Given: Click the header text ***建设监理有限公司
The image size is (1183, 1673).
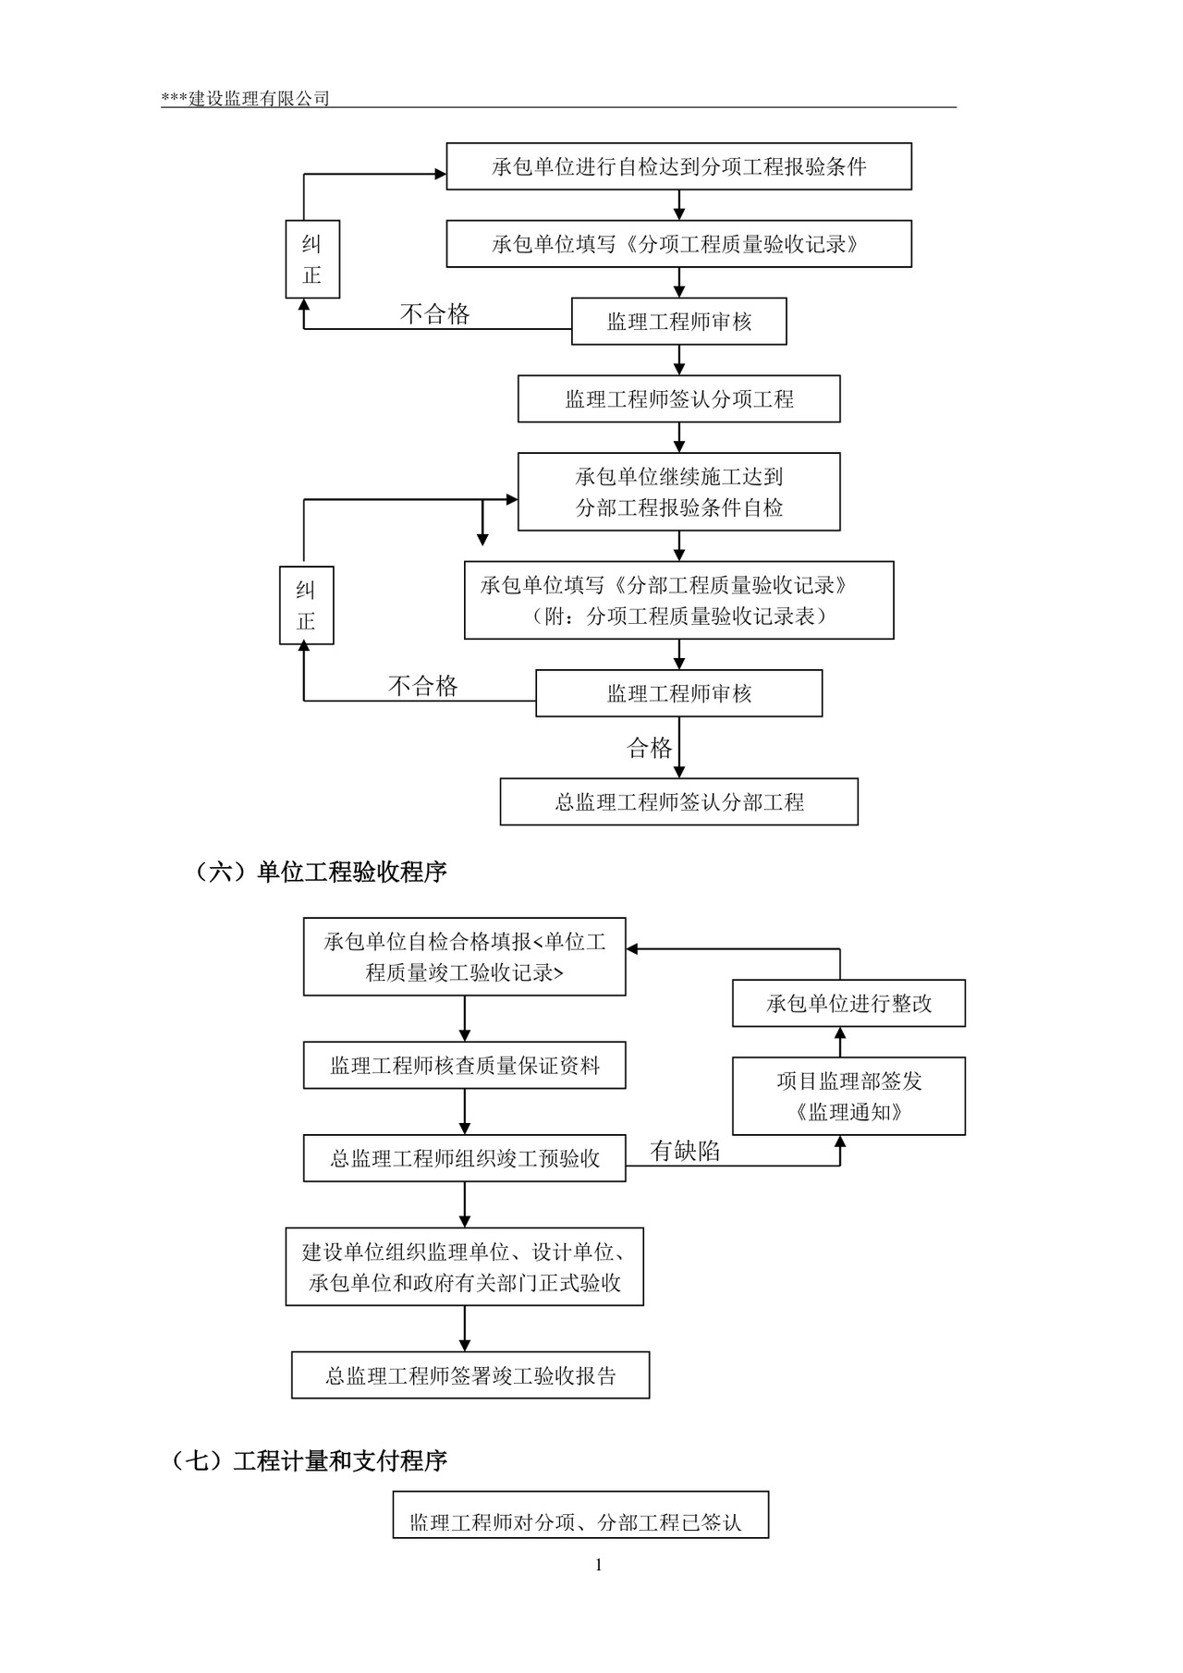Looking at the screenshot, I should point(246,99).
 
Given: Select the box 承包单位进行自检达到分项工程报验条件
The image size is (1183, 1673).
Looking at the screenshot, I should point(678,167).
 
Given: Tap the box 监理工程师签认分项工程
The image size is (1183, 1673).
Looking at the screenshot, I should point(678,399).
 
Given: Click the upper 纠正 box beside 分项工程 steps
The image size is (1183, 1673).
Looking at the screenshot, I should point(312,260).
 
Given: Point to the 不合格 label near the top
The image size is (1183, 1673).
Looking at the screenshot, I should point(434,314).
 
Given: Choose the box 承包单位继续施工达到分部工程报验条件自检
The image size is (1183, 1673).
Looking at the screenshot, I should point(678,492).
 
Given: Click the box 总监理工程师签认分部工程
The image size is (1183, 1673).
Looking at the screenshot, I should point(678,802).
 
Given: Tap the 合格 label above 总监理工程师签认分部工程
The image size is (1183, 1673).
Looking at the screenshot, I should point(650,748).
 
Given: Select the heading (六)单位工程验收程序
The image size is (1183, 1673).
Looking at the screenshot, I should point(320,872).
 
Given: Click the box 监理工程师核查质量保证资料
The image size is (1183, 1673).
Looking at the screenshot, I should point(464,1066).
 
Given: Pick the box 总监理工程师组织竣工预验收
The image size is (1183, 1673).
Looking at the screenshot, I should point(464,1159).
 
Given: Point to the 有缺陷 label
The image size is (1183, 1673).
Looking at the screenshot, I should point(685,1151).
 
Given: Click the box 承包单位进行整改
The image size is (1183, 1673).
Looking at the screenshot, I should point(848,1004).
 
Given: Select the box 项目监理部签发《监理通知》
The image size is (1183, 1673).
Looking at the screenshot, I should point(848,1096).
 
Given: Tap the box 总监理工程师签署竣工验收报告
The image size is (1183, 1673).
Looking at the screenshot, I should point(470,1375).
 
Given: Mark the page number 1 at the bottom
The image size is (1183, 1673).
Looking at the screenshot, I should point(598,1565).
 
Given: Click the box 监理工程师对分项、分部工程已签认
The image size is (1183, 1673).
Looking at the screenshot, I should point(580,1521).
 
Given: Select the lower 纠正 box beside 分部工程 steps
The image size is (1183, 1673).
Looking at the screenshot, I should point(306,606).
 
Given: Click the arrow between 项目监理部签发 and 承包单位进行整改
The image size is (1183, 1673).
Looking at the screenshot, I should point(840,1043).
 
